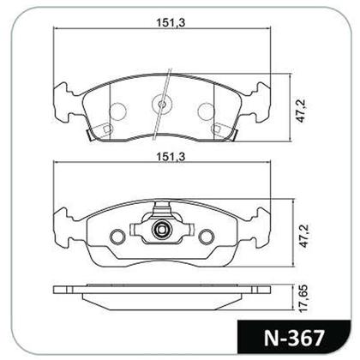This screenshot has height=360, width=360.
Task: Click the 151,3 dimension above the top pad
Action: [171, 22]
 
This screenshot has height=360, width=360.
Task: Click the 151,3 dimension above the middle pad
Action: [171, 157]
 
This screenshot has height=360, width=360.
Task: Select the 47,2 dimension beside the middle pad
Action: [303, 236]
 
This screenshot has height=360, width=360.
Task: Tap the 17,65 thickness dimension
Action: [303, 298]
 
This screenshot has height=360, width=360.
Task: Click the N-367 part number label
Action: [294, 339]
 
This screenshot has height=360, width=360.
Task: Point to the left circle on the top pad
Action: [118, 111]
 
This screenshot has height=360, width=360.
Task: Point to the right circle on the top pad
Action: [206, 111]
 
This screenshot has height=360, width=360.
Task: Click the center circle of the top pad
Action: [162, 104]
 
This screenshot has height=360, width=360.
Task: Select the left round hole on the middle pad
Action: [117, 237]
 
